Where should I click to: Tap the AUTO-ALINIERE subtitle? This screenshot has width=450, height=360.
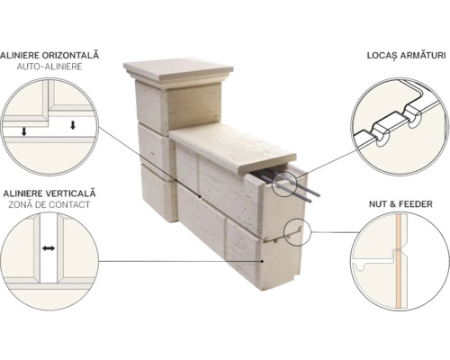(49, 67)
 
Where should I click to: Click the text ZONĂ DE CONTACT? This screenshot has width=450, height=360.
(49, 204)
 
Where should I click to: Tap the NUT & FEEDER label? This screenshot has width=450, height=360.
(400, 204)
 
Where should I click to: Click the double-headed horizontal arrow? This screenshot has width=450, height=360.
(49, 248)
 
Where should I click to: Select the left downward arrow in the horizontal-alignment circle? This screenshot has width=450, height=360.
(24, 130)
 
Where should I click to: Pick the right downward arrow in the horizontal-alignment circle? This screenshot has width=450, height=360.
(73, 125)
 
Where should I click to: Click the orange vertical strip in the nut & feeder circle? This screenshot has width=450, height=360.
(399, 261)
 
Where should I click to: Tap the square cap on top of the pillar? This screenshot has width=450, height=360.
(178, 71)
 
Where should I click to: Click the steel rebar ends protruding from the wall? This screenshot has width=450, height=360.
(290, 184)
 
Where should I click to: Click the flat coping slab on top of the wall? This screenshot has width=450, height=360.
(233, 149)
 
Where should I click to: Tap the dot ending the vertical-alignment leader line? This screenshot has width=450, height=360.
(263, 261)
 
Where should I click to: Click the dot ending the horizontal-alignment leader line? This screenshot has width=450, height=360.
(200, 197)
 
